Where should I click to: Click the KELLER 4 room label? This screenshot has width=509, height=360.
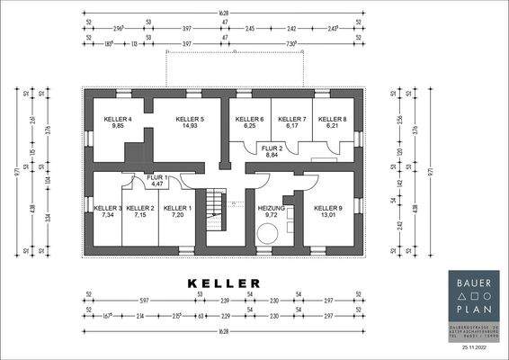(117, 119)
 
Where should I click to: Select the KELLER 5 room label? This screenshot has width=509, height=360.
(190, 119)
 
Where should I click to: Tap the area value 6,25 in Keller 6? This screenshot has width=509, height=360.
(249, 127)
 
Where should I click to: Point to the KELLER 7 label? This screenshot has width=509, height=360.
(291, 119)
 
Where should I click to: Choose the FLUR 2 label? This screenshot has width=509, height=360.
(272, 148)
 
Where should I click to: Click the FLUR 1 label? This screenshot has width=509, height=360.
(156, 177)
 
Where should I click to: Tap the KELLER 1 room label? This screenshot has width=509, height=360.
(177, 208)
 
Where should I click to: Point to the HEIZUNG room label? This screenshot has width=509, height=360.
(271, 208)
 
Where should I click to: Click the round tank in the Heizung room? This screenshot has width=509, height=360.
(266, 234)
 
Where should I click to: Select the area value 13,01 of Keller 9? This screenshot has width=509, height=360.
(328, 216)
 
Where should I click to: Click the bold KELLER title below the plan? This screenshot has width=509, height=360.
(224, 283)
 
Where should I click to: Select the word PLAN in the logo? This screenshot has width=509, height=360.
(473, 308)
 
